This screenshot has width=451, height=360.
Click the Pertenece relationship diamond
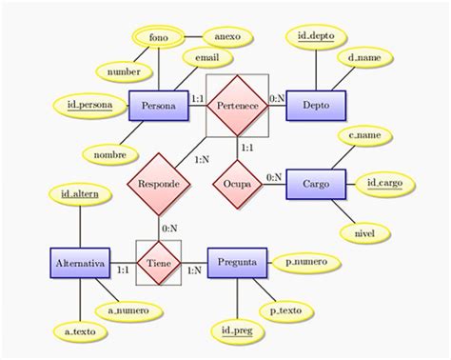[237, 106]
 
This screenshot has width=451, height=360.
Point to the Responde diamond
[157, 181]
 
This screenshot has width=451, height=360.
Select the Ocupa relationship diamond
[237, 181]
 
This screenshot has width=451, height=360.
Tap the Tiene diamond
[158, 258]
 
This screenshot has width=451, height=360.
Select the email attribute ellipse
[213, 58]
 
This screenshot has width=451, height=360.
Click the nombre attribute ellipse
[110, 152]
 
